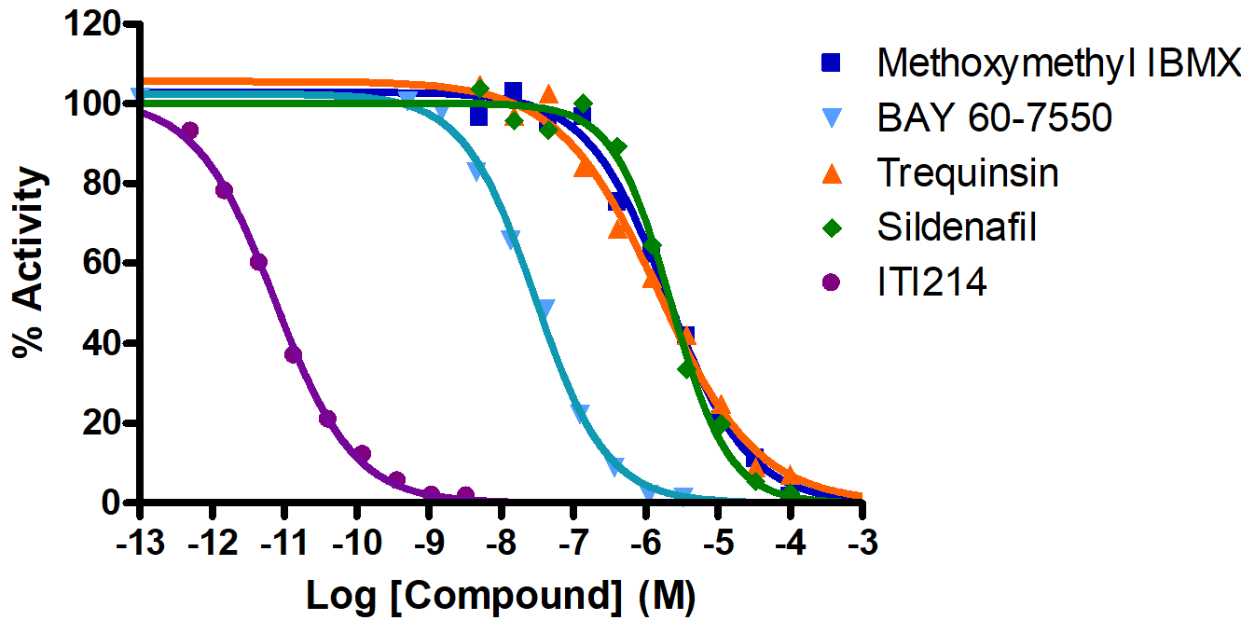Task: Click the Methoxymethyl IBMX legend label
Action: [x=1059, y=64]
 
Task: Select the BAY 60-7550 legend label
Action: [x=994, y=118]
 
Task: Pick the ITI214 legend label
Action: [x=931, y=282]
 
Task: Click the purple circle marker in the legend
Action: [x=831, y=282]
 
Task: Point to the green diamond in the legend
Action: [x=831, y=227]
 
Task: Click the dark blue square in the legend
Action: [x=831, y=63]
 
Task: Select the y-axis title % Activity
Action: [x=29, y=263]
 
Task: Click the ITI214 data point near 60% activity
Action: [x=259, y=262]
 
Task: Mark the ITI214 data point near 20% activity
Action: [x=327, y=419]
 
